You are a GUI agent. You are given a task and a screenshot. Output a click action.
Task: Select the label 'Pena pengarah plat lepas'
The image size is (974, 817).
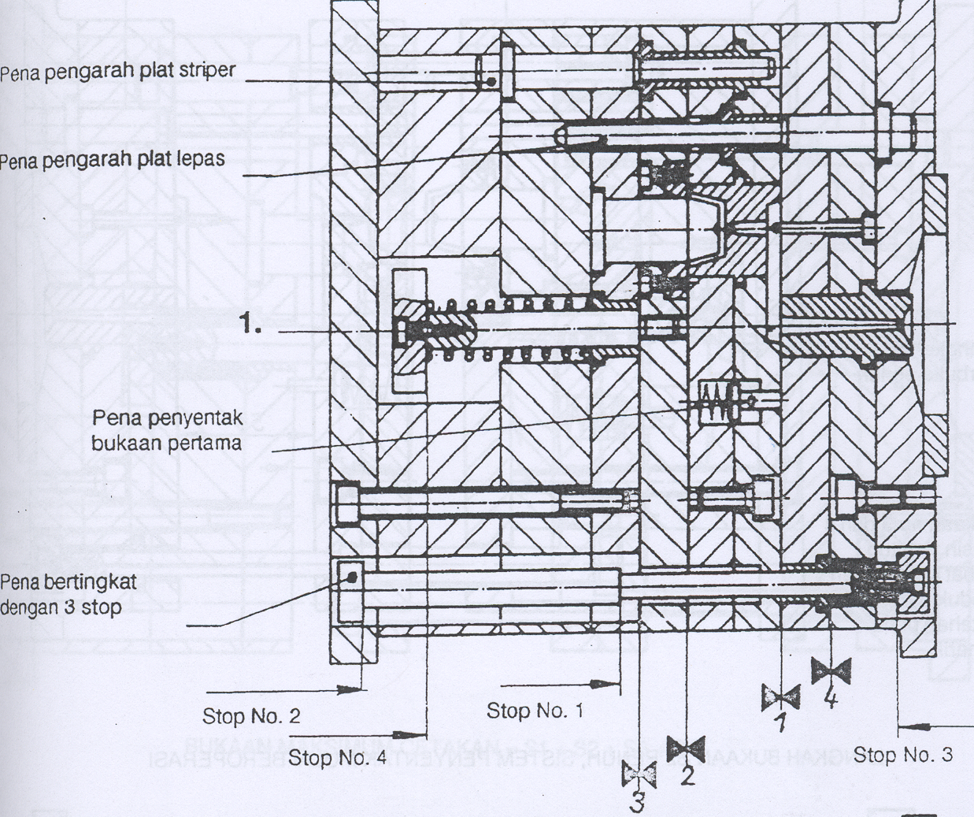click(x=112, y=159)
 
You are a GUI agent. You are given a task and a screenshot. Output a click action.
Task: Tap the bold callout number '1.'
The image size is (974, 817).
click(x=253, y=324)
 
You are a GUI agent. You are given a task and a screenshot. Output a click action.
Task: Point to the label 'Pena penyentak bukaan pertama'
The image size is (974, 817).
click(x=166, y=429)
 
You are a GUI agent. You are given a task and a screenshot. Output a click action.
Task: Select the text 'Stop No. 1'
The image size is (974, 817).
click(x=535, y=711)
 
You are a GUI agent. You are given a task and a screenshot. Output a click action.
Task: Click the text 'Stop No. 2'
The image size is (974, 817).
click(x=251, y=716)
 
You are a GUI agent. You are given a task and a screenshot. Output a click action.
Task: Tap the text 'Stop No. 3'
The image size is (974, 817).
click(x=902, y=754)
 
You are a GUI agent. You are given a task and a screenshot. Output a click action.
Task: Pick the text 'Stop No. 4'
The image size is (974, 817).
click(x=338, y=758)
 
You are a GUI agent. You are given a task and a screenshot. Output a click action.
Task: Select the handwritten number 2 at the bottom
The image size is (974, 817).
click(x=687, y=775)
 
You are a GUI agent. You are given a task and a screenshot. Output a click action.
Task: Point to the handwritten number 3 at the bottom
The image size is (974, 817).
click(x=638, y=802)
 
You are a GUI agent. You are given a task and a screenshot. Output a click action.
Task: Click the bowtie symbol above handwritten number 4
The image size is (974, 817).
click(x=831, y=671)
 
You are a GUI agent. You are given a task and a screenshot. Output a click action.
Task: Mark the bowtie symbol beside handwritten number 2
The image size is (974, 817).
click(x=686, y=748)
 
